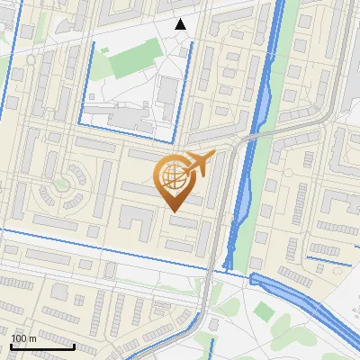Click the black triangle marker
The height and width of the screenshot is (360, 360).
181,24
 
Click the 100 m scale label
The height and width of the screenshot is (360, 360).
24,338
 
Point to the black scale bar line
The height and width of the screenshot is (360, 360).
43,346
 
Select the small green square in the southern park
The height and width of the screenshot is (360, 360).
263,311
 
